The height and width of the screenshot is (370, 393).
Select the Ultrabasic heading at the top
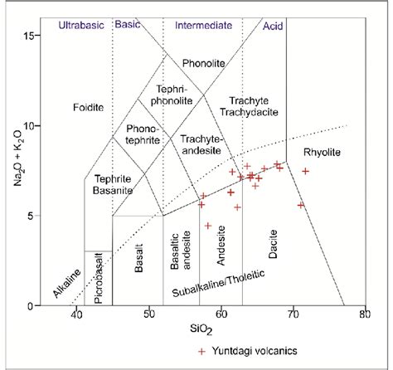81,26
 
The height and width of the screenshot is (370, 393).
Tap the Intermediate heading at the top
203,26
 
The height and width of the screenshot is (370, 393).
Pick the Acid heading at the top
273,26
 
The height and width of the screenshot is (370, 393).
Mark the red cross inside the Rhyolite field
306,171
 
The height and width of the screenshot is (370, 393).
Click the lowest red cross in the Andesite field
208,226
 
